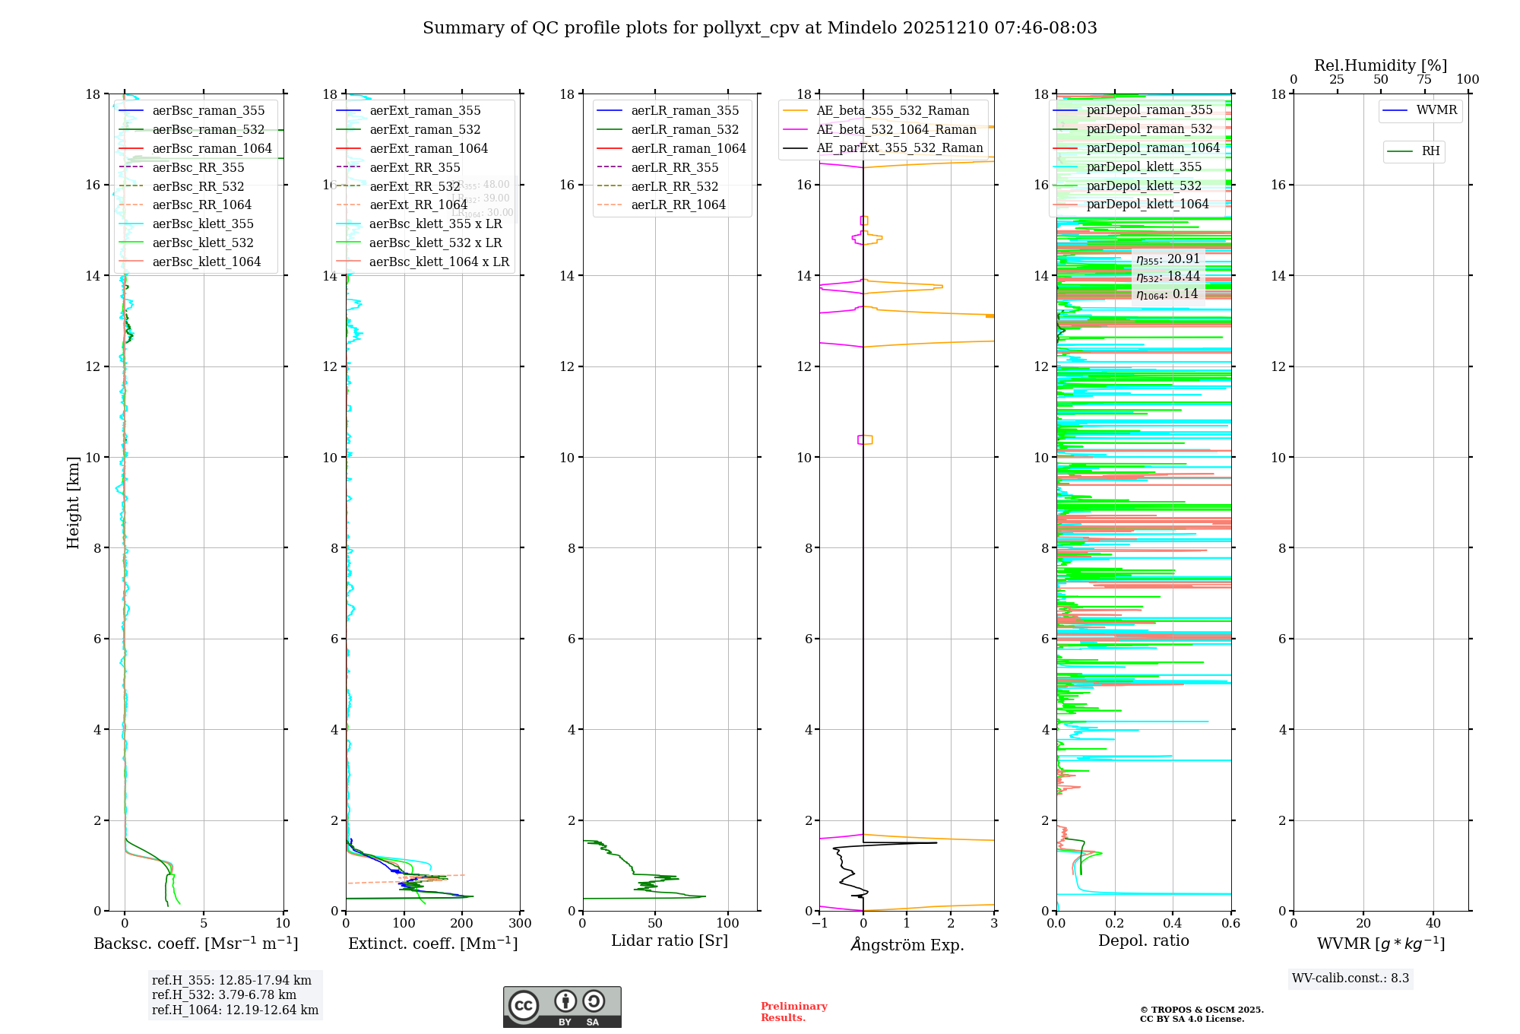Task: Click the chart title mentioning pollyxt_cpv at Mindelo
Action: (x=759, y=28)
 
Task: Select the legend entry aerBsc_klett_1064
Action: (x=206, y=262)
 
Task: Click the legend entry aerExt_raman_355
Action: (x=425, y=111)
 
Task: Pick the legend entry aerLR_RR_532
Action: (x=674, y=186)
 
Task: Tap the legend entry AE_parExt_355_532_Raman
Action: (x=899, y=148)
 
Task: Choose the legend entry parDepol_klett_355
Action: (x=1144, y=167)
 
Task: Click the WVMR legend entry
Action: (x=1436, y=110)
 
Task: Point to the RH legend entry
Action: (x=1430, y=151)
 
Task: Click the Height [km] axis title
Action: (x=73, y=502)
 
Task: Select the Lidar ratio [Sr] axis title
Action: (x=670, y=941)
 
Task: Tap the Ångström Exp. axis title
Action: (x=907, y=944)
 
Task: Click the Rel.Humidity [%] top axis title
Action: (x=1380, y=65)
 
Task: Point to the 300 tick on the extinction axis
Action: (x=520, y=924)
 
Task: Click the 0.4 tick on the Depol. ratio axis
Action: (x=1173, y=924)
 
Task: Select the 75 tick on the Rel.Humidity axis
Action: (x=1424, y=80)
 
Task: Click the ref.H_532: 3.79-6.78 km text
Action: (x=224, y=994)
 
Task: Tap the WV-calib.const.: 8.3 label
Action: (x=1350, y=978)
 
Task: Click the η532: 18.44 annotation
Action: (x=1168, y=277)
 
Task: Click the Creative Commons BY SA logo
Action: (x=562, y=1007)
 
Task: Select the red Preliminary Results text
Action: (x=793, y=1012)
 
